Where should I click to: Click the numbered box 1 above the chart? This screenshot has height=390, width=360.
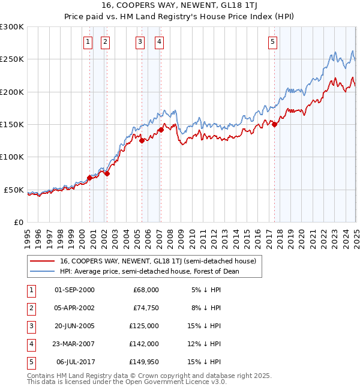[88, 41]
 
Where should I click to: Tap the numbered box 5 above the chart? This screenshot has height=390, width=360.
[273, 41]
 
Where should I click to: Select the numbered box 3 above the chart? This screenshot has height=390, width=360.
[140, 41]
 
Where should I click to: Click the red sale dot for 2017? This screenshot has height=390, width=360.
[274, 125]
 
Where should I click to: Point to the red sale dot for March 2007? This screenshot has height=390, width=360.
[161, 130]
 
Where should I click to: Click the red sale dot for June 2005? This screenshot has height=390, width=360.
[142, 141]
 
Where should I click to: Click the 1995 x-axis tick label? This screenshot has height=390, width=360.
[28, 235]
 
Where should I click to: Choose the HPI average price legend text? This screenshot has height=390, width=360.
[149, 271]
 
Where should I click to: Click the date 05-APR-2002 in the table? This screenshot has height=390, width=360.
[74, 308]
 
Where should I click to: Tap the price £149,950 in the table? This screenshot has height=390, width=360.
[145, 362]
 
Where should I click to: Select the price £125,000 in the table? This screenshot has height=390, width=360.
[145, 326]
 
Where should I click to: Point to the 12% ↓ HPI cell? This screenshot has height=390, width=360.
[206, 344]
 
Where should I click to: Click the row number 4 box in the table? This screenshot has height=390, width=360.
[31, 344]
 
